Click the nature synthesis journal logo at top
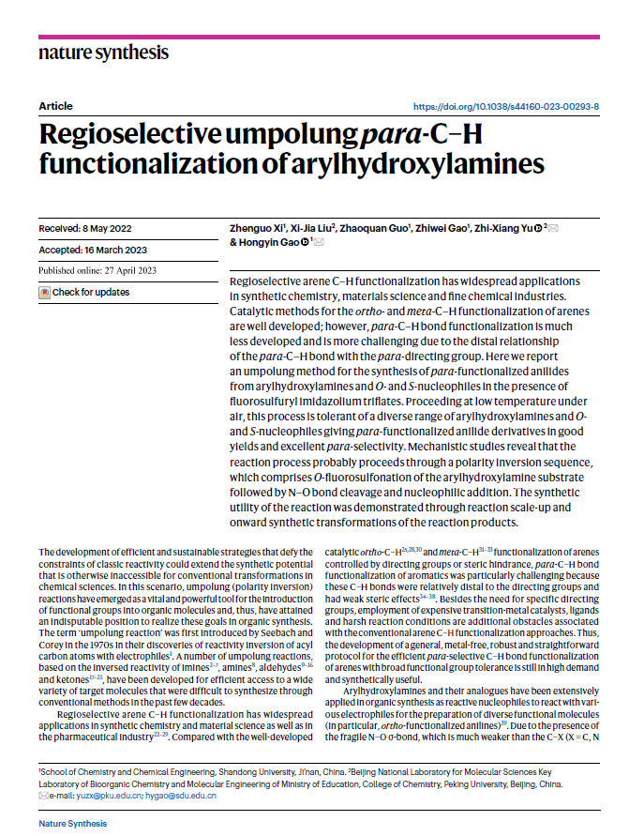tap(103, 53)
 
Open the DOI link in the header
tap(505, 107)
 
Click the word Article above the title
tap(55, 107)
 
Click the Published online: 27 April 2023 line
tap(103, 271)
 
